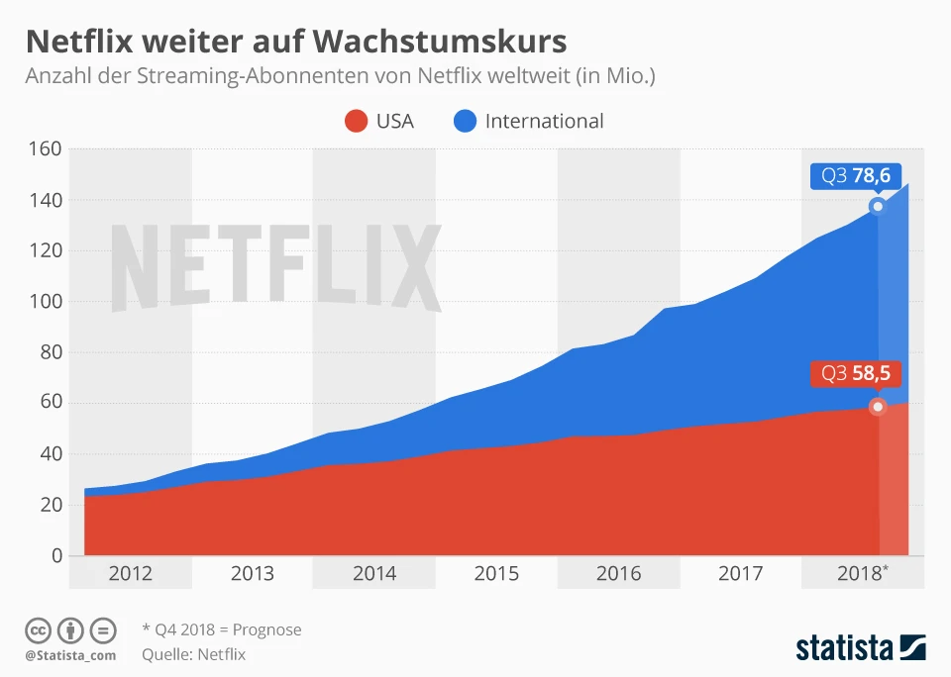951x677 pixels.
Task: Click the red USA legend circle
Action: pos(356,121)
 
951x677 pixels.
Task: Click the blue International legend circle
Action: pos(465,121)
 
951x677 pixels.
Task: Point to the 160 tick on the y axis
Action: pos(44,149)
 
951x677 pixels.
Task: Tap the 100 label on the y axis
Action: pos(44,302)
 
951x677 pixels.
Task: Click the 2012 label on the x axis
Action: pos(131,573)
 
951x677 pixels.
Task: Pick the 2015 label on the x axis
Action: pos(496,573)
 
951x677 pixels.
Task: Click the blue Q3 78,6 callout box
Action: pos(851,176)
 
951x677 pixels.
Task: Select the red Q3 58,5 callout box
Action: pos(851,374)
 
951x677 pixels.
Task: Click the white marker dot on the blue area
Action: pos(877,206)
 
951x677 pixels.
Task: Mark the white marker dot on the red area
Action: pos(877,407)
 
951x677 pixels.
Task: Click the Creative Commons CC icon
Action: pos(38,629)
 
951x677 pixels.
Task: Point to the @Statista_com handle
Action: pos(70,655)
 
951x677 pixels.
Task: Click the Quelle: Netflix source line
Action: pos(193,654)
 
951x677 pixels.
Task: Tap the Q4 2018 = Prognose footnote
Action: pos(222,629)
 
